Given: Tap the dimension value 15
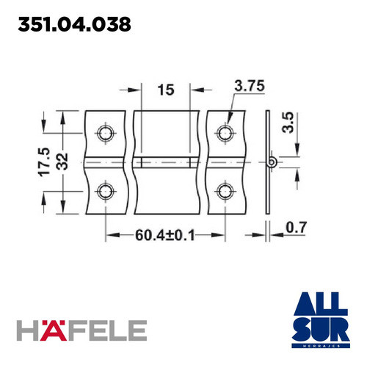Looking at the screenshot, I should pos(165,90).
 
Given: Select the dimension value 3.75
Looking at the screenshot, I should pos(250,87).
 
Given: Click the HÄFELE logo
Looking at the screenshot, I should pos(81,331).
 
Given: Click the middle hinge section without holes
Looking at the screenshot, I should pos(166,162).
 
